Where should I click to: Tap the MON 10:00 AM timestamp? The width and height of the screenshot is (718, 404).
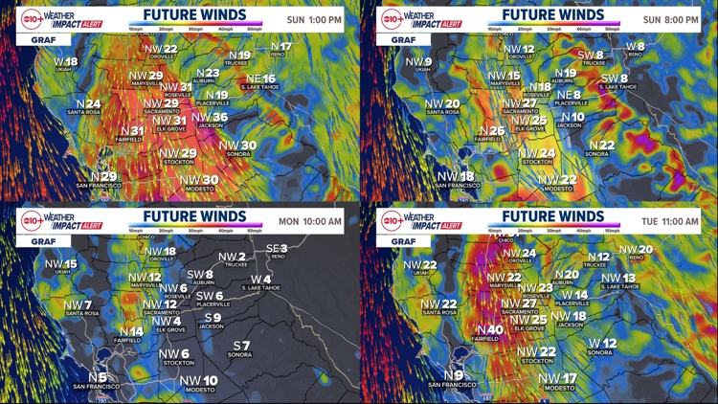click(x=310, y=221)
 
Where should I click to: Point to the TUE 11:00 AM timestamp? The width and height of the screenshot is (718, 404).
click(x=672, y=221)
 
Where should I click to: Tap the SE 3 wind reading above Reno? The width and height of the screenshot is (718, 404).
click(x=277, y=249)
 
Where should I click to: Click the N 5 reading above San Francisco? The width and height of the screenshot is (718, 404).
click(x=98, y=376)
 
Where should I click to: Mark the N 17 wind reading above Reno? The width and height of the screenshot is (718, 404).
click(x=280, y=46)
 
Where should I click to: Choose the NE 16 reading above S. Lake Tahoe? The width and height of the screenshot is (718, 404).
click(x=260, y=79)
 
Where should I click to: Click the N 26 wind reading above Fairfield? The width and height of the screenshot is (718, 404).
click(x=491, y=131)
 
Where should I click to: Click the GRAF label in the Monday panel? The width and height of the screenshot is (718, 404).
click(x=30, y=242)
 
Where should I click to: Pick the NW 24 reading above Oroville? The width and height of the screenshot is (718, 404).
click(x=521, y=253)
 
